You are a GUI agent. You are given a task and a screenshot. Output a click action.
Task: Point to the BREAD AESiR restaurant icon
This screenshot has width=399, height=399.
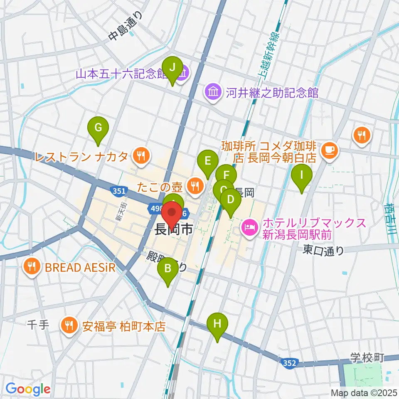pos(32,267)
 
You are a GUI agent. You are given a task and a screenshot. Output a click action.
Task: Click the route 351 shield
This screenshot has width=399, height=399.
pos(117,191)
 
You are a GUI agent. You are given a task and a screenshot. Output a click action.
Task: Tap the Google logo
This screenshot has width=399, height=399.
pos(28,389)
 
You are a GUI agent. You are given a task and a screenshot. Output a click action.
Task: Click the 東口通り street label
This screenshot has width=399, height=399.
pos(324,250)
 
